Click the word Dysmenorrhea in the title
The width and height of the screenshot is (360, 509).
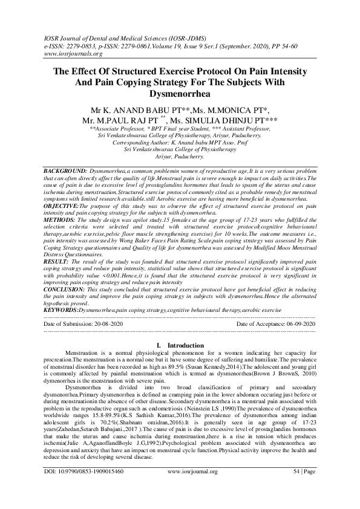tap(180, 94)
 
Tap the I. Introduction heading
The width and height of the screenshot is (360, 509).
tap(180, 345)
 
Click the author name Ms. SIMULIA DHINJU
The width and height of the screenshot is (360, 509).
tap(233, 120)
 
